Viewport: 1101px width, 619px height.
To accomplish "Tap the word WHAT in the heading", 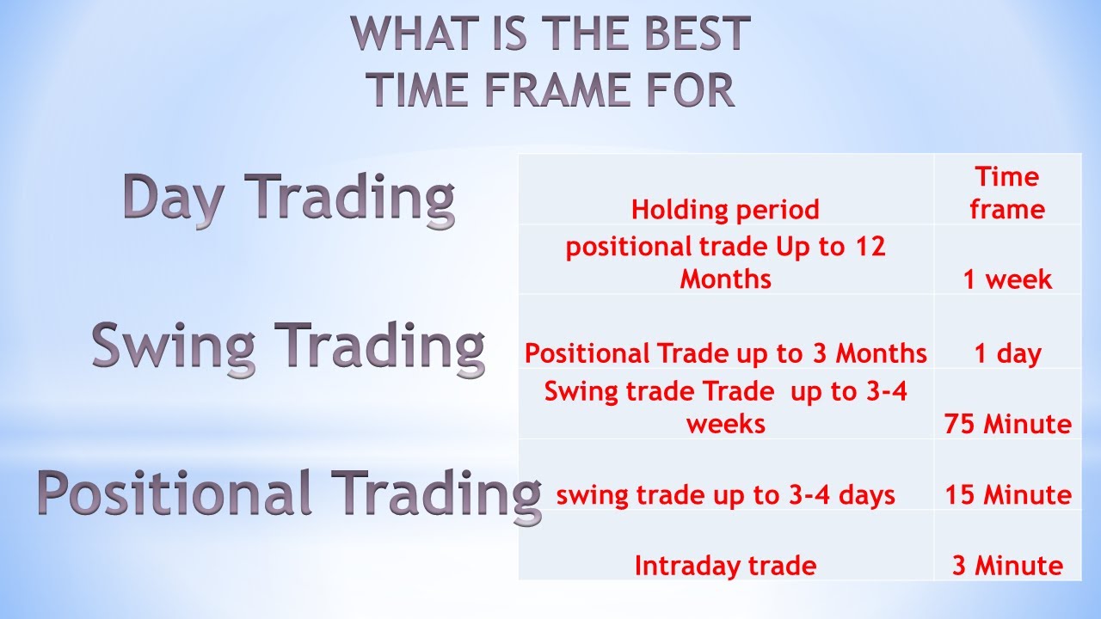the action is coord(415,33).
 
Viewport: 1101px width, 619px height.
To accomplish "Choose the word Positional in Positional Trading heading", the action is coord(175,492).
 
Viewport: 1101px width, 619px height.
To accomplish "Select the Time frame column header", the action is coord(1007,193).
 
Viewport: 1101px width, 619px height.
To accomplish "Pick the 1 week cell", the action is coord(1007,279).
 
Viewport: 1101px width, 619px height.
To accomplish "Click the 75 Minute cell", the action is coord(1007,425).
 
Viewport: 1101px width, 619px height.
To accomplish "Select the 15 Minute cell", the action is coord(1008,495).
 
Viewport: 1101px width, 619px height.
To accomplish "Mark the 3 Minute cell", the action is coord(1007,566).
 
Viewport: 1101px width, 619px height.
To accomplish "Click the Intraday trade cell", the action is coord(725,567).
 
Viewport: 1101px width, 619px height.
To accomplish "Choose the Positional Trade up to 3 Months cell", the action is coord(725,353).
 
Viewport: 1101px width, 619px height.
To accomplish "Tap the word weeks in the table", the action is coord(725,425).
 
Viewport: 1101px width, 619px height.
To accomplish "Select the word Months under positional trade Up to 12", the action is coord(725,279).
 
